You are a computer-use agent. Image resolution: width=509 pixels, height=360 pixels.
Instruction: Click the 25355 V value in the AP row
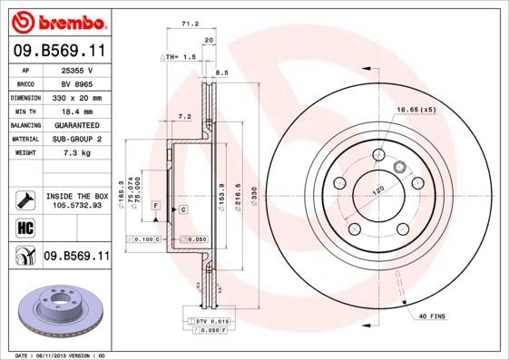coord(76,70)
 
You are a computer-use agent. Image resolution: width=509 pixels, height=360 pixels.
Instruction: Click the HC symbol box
coord(25,227)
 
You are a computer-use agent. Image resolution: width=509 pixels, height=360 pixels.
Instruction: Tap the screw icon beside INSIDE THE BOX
coord(24,199)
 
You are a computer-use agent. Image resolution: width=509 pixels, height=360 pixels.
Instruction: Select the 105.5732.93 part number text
coord(76,205)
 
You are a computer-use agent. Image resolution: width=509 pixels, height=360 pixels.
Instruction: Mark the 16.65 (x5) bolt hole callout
coord(416,110)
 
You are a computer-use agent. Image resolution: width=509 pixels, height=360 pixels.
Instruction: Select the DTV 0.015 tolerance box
coord(210,322)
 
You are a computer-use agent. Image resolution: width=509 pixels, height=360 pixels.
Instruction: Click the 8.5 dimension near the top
coord(222,73)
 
